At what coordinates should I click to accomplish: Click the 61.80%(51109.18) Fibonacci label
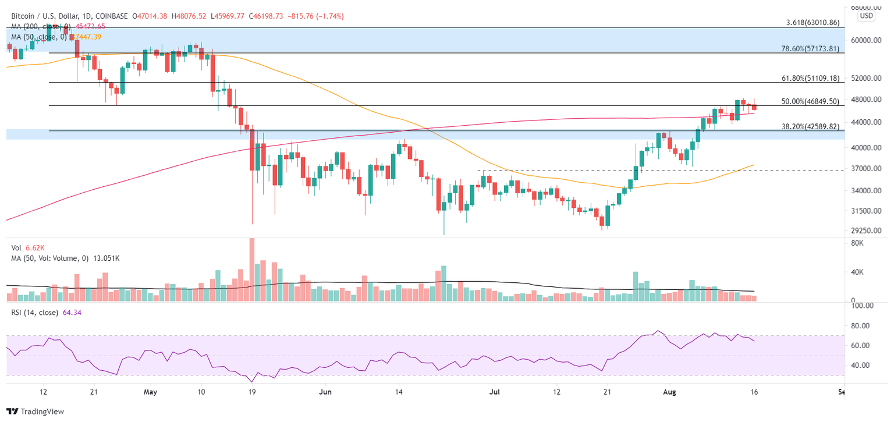[810, 78]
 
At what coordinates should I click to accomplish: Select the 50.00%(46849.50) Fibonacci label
[810, 101]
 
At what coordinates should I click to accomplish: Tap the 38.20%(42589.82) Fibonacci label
[810, 126]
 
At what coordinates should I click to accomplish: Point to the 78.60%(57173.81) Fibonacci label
[810, 49]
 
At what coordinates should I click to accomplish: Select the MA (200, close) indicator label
[42, 27]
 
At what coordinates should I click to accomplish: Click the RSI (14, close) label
[35, 313]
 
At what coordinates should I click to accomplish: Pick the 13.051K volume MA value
[103, 258]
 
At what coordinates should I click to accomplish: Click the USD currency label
[867, 16]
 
